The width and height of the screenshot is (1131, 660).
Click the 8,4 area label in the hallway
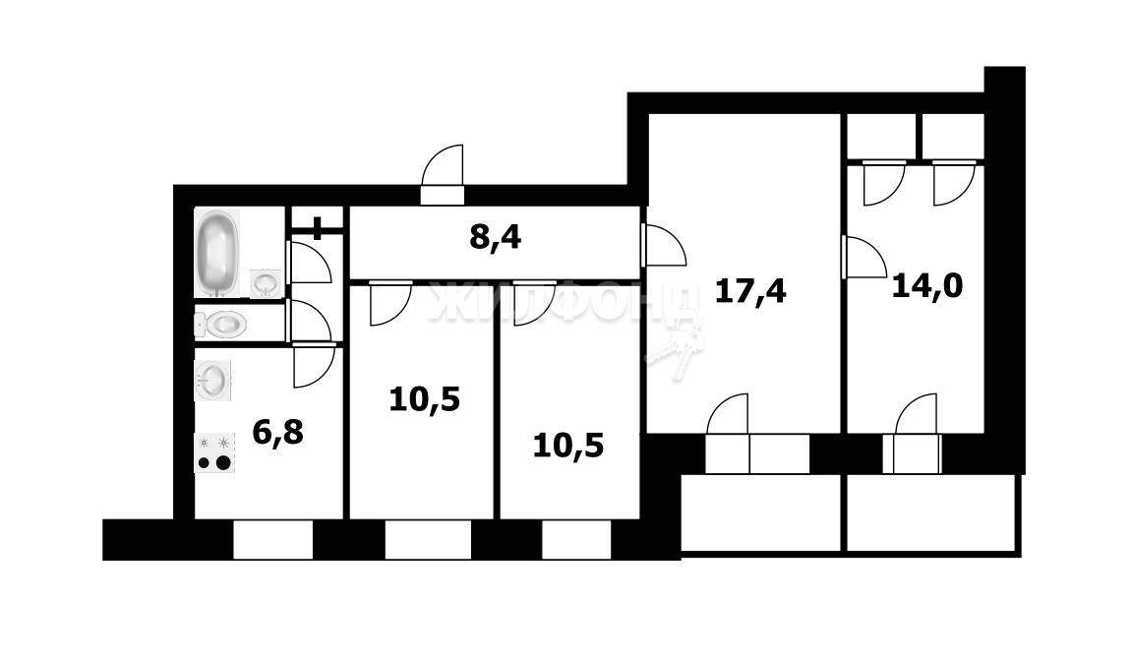pos(495,238)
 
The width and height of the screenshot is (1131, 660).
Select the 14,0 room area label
pos(926,285)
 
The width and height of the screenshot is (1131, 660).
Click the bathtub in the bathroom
pos(217,252)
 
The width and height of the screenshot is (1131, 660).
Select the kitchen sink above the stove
pos(214,380)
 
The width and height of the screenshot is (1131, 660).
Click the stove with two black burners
pos(214,453)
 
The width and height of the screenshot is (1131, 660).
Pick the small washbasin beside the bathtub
pos(265,282)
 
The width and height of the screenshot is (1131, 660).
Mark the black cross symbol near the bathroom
pos(318,228)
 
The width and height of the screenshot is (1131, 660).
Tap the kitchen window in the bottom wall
pos(272,539)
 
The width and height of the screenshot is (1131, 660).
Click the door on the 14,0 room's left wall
pos(865,258)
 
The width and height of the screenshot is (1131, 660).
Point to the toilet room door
pos(311,322)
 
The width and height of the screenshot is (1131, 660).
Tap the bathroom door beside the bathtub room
pos(311,263)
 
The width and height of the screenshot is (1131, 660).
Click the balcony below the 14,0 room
pos(930,514)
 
